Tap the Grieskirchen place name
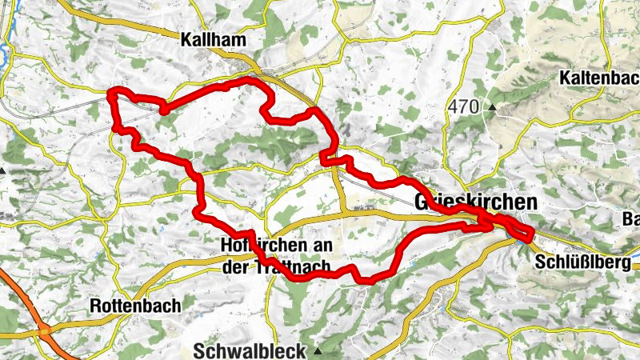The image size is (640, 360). pyautogui.click(x=476, y=203)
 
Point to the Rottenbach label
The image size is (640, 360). pyautogui.click(x=135, y=306)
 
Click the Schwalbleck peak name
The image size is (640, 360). pyautogui.click(x=250, y=350)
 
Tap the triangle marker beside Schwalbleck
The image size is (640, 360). pyautogui.click(x=318, y=350)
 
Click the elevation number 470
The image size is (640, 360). pyautogui.click(x=463, y=106)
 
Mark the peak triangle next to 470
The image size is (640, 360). pyautogui.click(x=492, y=106)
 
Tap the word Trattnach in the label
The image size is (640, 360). pyautogui.click(x=291, y=267)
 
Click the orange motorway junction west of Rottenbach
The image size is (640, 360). pyautogui.click(x=44, y=330)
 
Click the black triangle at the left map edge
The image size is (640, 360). pyautogui.click(x=2, y=170)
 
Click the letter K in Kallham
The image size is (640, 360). pyautogui.click(x=186, y=40)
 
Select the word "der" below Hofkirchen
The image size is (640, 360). pyautogui.click(x=238, y=267)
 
